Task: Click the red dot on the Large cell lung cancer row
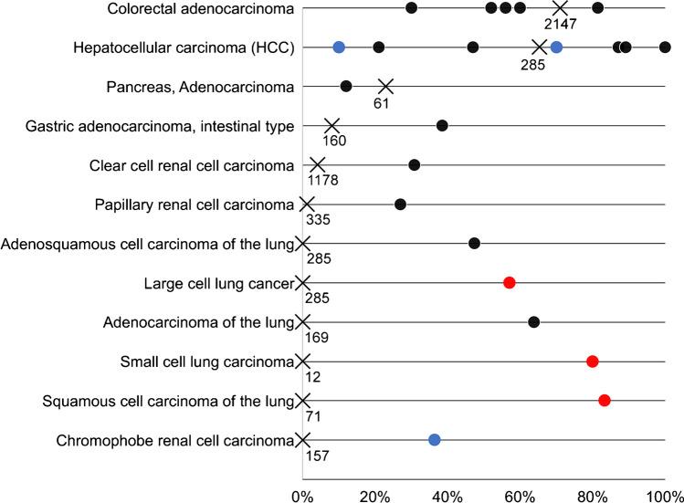[510, 282]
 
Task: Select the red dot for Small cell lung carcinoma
[593, 362]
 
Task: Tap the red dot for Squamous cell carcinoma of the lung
[605, 400]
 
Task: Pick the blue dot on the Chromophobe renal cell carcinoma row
[435, 440]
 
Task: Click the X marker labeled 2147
[560, 7]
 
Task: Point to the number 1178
[322, 180]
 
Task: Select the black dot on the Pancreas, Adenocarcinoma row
[346, 86]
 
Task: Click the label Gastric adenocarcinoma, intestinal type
[152, 126]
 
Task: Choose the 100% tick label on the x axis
[662, 494]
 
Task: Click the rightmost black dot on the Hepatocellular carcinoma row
[665, 47]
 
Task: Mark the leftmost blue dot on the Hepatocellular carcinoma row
[339, 47]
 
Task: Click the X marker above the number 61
[385, 86]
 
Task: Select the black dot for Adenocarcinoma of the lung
[534, 321]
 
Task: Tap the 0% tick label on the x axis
[303, 494]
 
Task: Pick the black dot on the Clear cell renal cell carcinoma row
[415, 164]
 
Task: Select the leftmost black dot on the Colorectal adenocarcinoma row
[412, 7]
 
